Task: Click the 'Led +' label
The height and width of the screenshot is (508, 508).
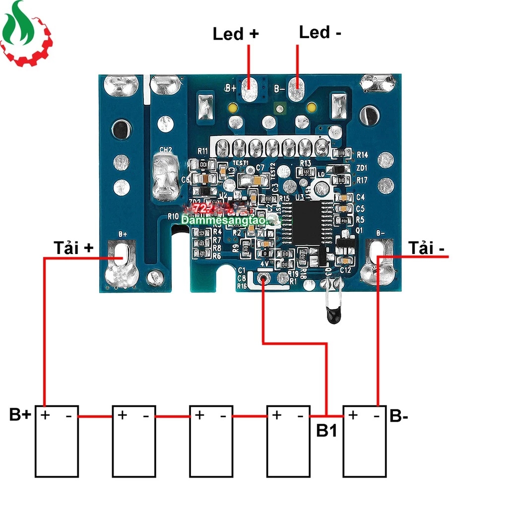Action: click(236, 34)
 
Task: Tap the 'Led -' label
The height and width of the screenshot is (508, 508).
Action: click(320, 33)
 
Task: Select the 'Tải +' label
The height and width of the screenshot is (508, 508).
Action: click(73, 248)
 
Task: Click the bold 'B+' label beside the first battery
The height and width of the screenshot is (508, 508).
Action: click(20, 415)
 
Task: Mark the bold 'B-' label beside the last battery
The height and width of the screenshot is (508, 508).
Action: click(399, 416)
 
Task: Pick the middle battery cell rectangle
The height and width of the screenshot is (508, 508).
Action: click(211, 441)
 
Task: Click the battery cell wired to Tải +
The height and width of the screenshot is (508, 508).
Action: click(56, 441)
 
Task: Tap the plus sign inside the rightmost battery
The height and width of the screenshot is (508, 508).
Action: click(353, 415)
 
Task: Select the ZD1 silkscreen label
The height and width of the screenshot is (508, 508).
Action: click(362, 168)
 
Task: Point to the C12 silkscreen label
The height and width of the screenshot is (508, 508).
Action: click(346, 270)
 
